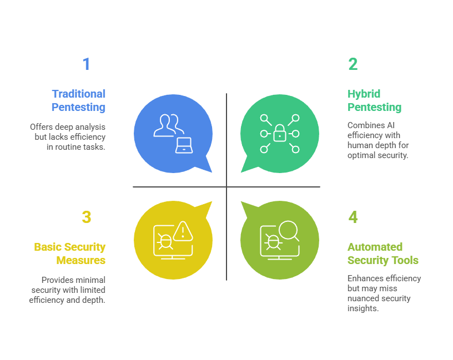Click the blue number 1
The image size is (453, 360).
click(86, 64)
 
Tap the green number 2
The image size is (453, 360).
click(353, 64)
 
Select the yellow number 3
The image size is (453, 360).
click(86, 217)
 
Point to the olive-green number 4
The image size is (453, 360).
click(353, 217)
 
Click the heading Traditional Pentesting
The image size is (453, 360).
click(78, 100)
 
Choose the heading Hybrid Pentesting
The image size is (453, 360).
click(374, 100)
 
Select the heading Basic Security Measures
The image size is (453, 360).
click(69, 253)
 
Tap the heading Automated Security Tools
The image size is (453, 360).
click(383, 253)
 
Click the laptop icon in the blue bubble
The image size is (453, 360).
click(184, 145)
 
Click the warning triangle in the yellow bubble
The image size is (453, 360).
click(182, 230)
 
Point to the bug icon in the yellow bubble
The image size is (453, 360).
click(164, 241)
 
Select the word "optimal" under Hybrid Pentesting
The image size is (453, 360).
click(361, 155)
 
